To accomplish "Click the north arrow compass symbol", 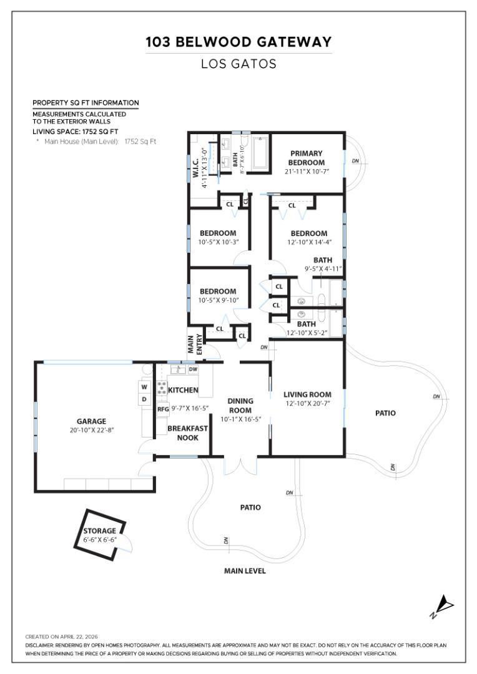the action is click(x=442, y=607).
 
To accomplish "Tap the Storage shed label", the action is click(x=100, y=531).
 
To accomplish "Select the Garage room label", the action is click(x=91, y=421).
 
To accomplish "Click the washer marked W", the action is click(x=144, y=387).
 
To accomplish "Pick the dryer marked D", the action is click(x=144, y=399).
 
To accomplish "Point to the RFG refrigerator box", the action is click(x=163, y=409).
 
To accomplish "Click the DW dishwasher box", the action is click(x=193, y=369).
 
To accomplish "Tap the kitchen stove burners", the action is click(x=162, y=388).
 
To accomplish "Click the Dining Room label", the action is click(x=240, y=406).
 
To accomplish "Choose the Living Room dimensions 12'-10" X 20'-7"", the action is click(x=308, y=404).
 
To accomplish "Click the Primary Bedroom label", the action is click(x=307, y=158).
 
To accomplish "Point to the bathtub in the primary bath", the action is click(x=260, y=152).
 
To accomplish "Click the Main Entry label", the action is click(x=195, y=344).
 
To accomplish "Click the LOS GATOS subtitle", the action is click(x=238, y=64).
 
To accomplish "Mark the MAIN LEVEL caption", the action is click(x=245, y=571).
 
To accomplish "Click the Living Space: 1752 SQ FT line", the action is click(x=76, y=132).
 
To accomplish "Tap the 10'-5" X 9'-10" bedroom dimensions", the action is click(x=218, y=300).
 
